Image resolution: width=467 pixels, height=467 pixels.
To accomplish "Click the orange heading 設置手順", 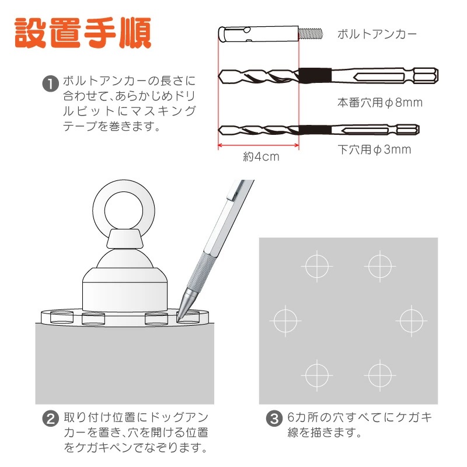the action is [x=83, y=33].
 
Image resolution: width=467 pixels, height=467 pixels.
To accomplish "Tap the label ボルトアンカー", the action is [x=377, y=34].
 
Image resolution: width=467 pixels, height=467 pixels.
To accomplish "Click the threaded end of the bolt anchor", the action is [x=311, y=34].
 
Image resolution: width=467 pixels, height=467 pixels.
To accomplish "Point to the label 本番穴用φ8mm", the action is [x=380, y=103].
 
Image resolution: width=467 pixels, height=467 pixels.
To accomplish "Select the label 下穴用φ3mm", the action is [x=374, y=149].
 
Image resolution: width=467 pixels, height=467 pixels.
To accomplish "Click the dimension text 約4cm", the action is [x=261, y=156].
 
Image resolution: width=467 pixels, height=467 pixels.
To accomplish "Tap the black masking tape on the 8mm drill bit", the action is [x=315, y=76].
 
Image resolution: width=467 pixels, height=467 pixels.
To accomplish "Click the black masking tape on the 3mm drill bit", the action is [x=315, y=130].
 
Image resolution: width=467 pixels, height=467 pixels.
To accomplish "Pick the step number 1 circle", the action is [x=51, y=83].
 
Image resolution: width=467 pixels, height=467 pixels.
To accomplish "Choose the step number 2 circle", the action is [x=51, y=419].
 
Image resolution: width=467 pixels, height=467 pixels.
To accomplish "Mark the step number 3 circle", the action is [x=274, y=419].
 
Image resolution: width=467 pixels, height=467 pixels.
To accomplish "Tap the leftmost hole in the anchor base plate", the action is [x=62, y=316].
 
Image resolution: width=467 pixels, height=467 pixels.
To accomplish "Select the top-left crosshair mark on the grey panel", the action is [x=317, y=266].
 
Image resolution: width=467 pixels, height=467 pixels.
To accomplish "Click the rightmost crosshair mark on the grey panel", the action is [x=412, y=320].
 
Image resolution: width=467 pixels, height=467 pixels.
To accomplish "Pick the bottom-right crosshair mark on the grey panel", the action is [x=380, y=375].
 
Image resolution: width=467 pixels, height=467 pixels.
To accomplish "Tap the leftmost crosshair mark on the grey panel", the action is [x=285, y=320].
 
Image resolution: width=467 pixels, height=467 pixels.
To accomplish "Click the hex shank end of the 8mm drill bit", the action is [x=426, y=75].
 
